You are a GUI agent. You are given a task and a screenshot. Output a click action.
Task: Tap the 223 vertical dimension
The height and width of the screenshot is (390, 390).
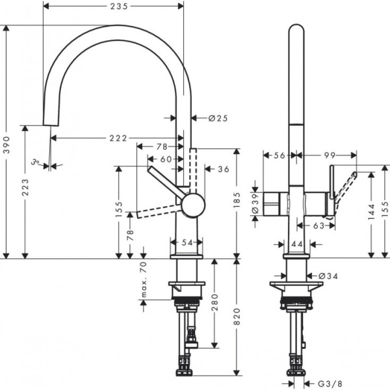pyautogui.click(x=26, y=189)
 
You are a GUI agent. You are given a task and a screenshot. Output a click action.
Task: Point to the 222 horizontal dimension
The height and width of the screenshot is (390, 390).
pyautogui.click(x=118, y=138)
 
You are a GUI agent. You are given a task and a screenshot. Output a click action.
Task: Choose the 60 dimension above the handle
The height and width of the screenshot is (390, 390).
pyautogui.click(x=164, y=159)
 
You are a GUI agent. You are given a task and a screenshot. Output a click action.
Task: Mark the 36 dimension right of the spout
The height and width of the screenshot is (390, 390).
pyautogui.click(x=224, y=169)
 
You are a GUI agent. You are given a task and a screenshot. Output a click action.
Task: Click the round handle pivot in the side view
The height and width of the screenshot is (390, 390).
pyautogui.click(x=193, y=205)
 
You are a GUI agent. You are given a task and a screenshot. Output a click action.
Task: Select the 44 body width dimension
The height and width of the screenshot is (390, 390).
pyautogui.click(x=298, y=244)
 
